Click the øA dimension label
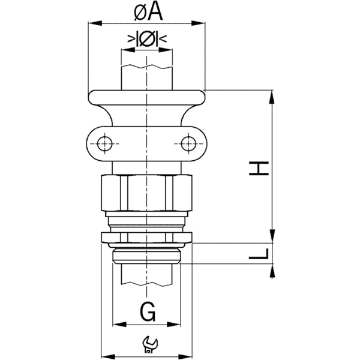tap(146, 10)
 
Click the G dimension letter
tap(148, 311)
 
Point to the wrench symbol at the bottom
tap(148, 344)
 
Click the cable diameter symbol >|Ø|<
tap(147, 40)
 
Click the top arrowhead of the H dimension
tap(273, 96)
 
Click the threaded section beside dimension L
tap(147, 254)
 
